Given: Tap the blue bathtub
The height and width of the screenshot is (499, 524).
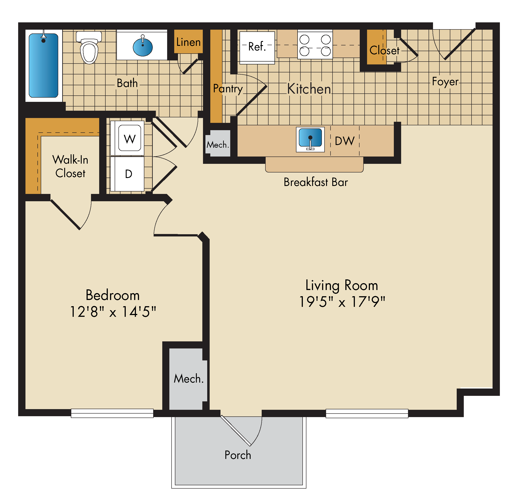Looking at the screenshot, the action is coord(43,66).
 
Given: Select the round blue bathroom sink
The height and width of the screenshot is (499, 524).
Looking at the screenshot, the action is coord(143,47).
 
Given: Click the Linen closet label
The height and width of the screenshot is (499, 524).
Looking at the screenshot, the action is coord(188,42).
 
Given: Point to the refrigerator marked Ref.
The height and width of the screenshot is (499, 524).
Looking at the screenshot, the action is coord(257,48).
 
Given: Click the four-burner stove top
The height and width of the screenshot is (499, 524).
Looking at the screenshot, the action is coord(315,44).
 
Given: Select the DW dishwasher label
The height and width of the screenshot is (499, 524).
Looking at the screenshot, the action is coord(344,141).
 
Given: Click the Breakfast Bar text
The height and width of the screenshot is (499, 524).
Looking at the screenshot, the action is coord(316,182).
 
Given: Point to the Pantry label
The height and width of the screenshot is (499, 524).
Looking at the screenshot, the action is coord(228,89).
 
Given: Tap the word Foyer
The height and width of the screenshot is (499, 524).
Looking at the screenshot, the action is coord(445,82).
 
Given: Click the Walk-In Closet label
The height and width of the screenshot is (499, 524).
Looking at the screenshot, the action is coord(70,166).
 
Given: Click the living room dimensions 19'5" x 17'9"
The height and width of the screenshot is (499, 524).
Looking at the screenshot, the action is coord(342,302).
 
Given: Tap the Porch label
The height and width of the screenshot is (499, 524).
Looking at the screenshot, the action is coord(238,455).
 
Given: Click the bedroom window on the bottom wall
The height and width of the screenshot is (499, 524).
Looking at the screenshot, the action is coord(112,413).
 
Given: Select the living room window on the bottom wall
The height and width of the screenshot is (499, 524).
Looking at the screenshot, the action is coord(367,413).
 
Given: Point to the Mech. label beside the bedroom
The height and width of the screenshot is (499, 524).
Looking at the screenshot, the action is coord(189,379).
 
